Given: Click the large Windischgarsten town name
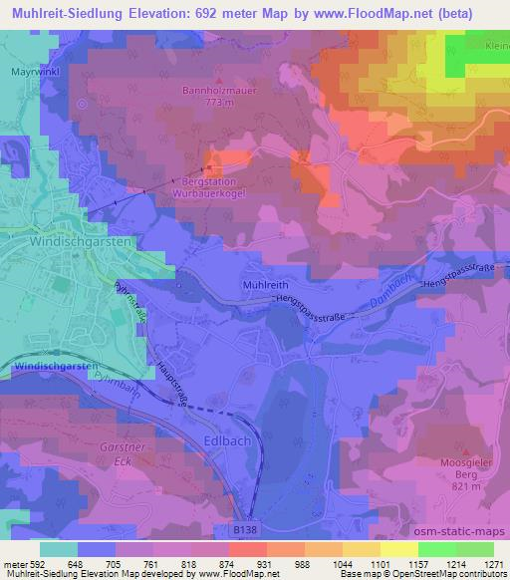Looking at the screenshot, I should pyautogui.click(x=67, y=242).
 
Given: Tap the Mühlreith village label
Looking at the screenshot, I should pyautogui.click(x=263, y=285).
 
